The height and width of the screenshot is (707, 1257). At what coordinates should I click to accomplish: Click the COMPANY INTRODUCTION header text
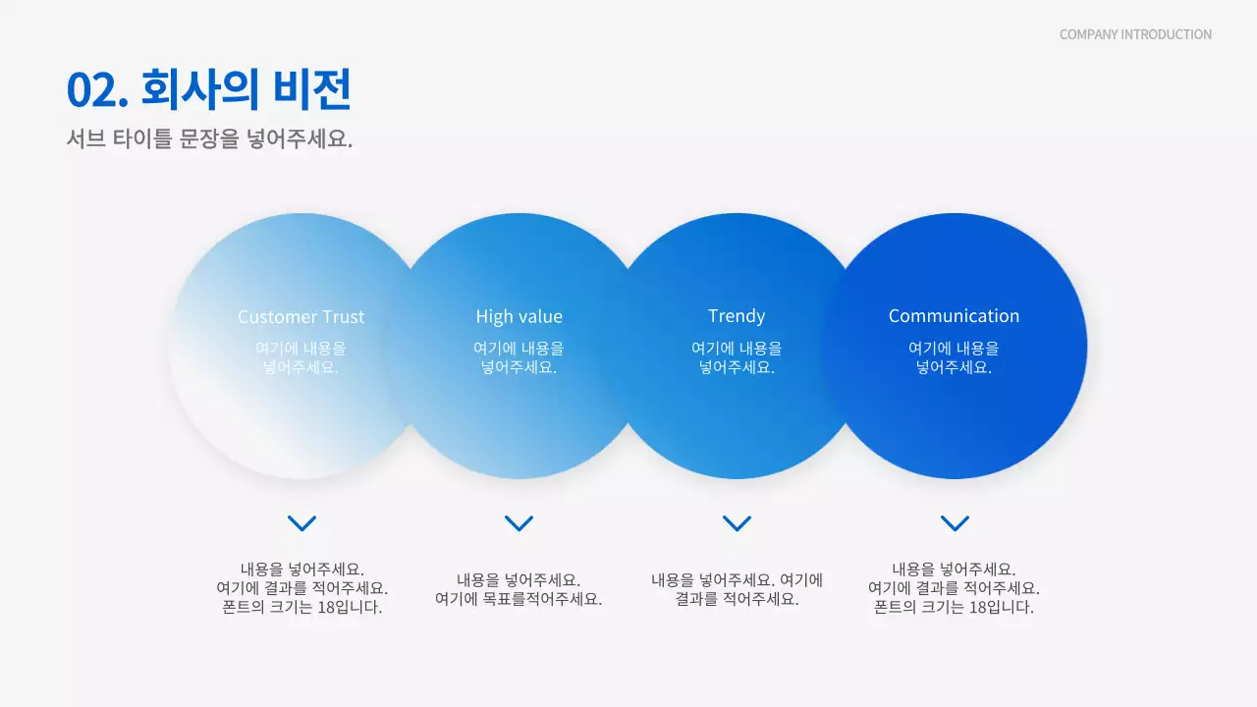[1135, 34]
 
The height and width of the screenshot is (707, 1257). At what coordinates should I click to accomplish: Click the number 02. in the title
[97, 90]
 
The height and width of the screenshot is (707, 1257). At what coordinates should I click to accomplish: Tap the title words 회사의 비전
[246, 89]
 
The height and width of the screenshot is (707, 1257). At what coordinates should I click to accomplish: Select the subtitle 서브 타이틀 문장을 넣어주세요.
[209, 139]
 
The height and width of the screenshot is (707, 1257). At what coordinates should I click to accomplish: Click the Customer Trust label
[301, 316]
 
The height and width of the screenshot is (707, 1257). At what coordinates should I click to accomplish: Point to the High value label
[519, 316]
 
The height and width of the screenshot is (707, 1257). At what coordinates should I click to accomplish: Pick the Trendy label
[737, 316]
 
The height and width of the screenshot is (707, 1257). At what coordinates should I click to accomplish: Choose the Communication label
[954, 316]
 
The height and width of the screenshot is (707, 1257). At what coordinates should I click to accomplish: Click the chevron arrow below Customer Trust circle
[301, 522]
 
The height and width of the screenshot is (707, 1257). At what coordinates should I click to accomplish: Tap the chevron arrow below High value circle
[519, 522]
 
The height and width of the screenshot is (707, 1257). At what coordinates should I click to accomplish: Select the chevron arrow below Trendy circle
[737, 522]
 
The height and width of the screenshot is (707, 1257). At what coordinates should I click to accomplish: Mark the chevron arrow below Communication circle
[955, 522]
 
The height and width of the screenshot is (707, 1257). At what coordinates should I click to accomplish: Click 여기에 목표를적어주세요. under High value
[519, 599]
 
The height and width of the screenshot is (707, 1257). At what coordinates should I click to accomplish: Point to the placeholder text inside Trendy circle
[737, 357]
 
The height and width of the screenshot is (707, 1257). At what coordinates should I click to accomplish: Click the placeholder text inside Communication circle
[954, 357]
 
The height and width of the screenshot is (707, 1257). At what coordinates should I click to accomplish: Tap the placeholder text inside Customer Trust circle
[301, 357]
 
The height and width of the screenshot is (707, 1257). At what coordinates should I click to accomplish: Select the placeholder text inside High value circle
[519, 357]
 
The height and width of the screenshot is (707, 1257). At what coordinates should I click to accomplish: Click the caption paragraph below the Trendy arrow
[737, 589]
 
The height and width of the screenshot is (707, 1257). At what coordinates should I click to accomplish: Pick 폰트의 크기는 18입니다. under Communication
[954, 607]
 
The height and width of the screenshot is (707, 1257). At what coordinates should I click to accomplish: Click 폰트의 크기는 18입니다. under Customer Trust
[301, 607]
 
